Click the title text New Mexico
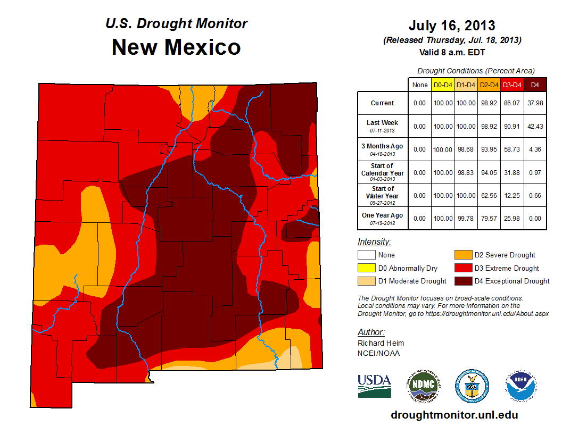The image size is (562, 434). pyautogui.click(x=176, y=47)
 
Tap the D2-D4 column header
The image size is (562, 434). pyautogui.click(x=489, y=85)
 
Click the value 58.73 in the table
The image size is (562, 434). pyautogui.click(x=511, y=149)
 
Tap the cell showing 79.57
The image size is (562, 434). pyautogui.click(x=489, y=218)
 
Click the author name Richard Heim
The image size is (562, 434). pyautogui.click(x=381, y=343)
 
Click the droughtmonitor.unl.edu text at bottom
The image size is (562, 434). pyautogui.click(x=454, y=415)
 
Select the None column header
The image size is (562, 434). pyautogui.click(x=420, y=85)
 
